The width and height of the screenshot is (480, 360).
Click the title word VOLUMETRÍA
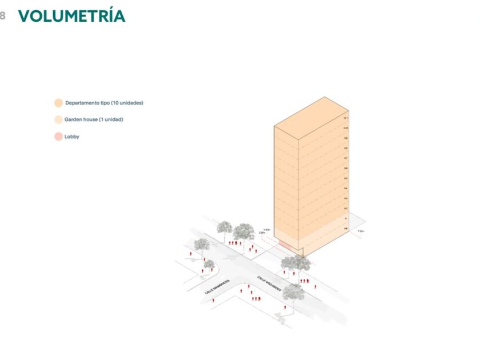pyautogui.click(x=71, y=16)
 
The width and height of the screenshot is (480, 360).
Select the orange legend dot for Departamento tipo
pyautogui.click(x=58, y=103)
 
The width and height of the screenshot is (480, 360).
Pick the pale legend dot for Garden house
pyautogui.click(x=58, y=120)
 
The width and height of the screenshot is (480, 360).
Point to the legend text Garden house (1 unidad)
pyautogui.click(x=94, y=120)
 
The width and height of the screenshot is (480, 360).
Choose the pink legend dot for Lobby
pyautogui.click(x=58, y=137)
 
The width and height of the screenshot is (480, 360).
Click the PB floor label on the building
pyautogui.click(x=346, y=229)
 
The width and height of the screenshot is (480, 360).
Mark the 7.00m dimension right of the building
pyautogui.click(x=360, y=231)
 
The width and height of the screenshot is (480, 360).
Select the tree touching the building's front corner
pyautogui.click(x=295, y=263)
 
